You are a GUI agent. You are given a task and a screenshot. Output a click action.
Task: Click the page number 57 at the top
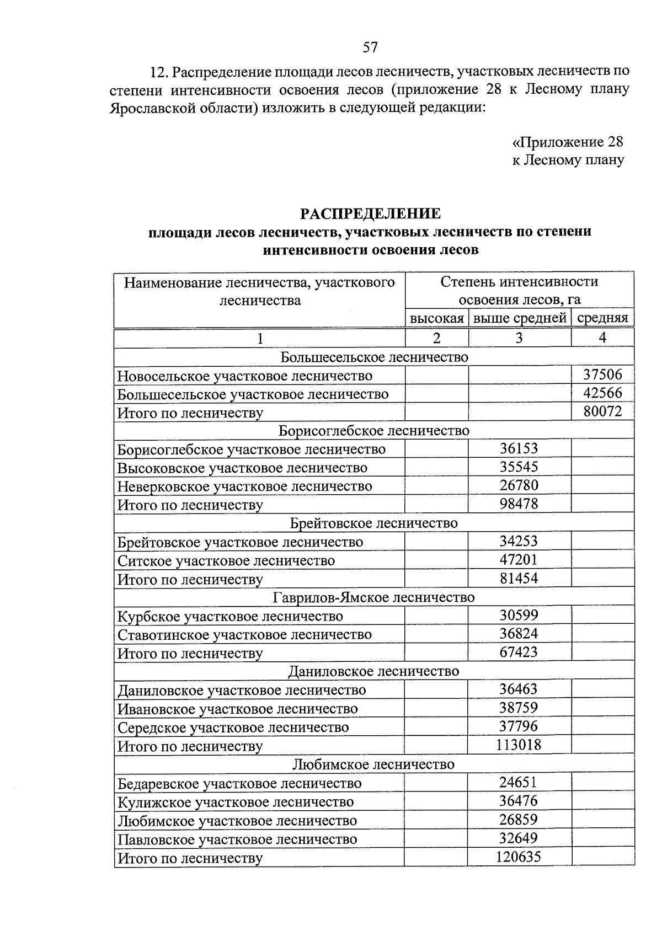[370, 47]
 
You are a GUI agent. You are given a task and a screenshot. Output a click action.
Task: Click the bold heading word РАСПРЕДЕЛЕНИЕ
[370, 213]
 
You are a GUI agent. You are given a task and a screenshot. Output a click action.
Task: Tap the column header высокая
[436, 318]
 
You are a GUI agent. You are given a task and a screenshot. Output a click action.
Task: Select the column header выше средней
[520, 318]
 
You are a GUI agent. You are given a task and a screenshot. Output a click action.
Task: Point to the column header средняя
[602, 318]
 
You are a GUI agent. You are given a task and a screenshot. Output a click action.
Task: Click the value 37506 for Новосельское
[602, 375]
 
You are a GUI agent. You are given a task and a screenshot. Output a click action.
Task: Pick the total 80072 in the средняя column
[602, 411]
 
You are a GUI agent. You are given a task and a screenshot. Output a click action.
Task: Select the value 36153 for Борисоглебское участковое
[519, 448]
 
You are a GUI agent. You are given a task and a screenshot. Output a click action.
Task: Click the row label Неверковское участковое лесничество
[245, 486]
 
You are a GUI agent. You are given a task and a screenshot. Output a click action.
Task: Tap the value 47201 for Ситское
[519, 560]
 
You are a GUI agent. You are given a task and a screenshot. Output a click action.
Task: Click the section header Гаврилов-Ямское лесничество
[374, 597]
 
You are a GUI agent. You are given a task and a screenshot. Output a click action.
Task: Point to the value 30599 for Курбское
[519, 616]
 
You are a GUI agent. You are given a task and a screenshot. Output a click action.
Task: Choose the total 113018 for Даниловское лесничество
[519, 745]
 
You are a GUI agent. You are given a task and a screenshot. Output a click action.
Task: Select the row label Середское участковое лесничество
[233, 728]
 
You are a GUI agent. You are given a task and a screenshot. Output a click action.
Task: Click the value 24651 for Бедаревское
[519, 782]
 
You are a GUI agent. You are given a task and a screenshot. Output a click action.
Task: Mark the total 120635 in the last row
[519, 857]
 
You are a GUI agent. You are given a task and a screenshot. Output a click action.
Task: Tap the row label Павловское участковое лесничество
[238, 839]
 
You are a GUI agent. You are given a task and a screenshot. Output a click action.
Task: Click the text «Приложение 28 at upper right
[568, 142]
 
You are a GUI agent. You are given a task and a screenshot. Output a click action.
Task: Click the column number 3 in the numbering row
[519, 338]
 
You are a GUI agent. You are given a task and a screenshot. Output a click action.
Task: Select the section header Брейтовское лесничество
[374, 523]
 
